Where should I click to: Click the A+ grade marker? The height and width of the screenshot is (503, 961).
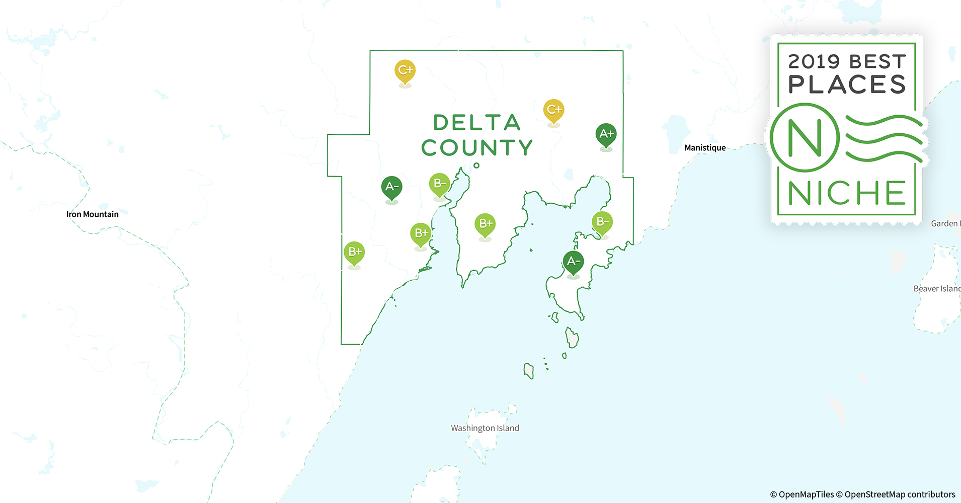coord(606,134)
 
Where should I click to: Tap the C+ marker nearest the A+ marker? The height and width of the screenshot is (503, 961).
coord(553,110)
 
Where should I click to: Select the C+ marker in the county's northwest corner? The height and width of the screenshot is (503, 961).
coord(405,71)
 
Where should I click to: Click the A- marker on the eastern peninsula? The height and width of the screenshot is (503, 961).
coord(573,262)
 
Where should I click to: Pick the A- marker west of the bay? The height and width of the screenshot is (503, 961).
coord(391,188)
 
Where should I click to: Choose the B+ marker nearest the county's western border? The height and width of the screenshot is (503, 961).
coord(354,253)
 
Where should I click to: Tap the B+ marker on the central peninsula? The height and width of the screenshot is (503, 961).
coord(485,224)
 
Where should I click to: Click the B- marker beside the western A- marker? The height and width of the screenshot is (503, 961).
coord(439,184)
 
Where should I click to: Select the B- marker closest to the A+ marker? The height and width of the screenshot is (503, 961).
coord(602,222)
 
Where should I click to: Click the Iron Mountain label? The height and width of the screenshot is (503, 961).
coord(93,214)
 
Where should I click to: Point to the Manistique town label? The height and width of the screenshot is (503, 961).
coord(705,148)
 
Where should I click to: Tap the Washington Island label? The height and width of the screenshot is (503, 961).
coord(485,428)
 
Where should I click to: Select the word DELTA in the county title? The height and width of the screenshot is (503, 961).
coord(476,123)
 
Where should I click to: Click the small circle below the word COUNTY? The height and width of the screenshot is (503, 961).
coord(476,165)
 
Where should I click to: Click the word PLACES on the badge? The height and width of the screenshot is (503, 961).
coord(847,85)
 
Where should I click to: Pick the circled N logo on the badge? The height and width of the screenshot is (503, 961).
coord(805,137)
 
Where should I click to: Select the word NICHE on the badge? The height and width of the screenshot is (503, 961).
coord(847,193)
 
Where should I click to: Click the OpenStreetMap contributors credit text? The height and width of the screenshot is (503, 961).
coord(900,494)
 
